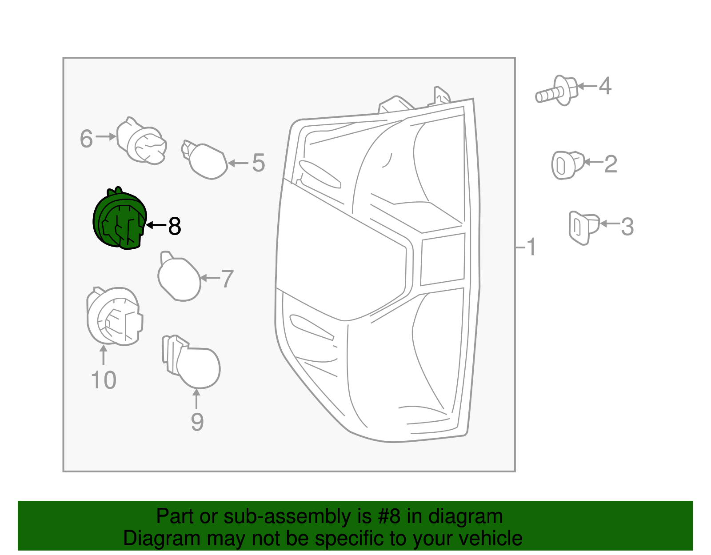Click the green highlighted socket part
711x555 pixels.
coord(119,220)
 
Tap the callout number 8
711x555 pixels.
coord(175,226)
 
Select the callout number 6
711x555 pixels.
coord(86,139)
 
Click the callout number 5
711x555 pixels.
coord(258,163)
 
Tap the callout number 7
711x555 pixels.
coord(227,279)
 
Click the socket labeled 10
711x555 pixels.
coord(114,316)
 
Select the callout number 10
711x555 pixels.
coord(104,380)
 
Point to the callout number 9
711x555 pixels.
coord(197,422)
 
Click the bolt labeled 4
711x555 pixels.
coord(558,92)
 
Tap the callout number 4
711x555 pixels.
coord(605,86)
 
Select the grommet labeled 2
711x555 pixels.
coord(567,165)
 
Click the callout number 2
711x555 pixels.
coord(611,164)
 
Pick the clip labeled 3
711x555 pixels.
coord(583,227)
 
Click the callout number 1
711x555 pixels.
coord(531,247)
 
